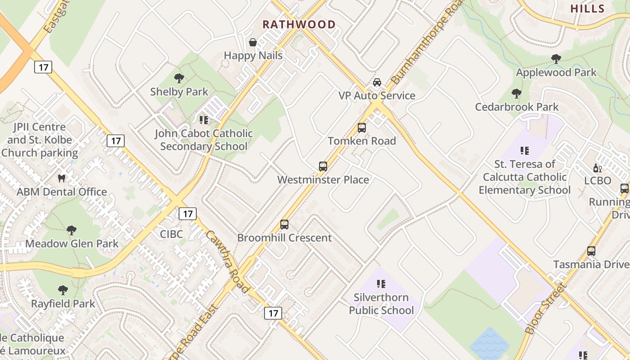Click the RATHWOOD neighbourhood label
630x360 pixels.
[x=299, y=24]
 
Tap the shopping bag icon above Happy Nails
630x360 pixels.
[x=253, y=43]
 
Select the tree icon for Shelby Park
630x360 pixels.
[x=179, y=78]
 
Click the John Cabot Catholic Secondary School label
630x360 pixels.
[x=203, y=140]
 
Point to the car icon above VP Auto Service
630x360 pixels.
[x=377, y=82]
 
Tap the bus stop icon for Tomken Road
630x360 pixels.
[x=362, y=128]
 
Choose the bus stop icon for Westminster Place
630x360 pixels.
[x=323, y=166]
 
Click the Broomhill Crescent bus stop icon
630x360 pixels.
[x=284, y=225]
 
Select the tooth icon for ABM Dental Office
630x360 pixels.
[x=62, y=178]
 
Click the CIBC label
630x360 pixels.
[x=171, y=234]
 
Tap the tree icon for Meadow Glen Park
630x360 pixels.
[x=71, y=230]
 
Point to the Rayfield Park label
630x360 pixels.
[x=63, y=303]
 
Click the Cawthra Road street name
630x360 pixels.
[x=227, y=262]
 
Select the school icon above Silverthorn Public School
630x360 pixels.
[x=381, y=284]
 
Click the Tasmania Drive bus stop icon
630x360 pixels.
[x=591, y=251]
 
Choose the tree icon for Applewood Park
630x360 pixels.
[x=556, y=59]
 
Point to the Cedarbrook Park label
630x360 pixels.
[x=517, y=107]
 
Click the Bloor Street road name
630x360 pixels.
[x=544, y=309]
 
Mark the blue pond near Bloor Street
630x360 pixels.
[x=490, y=344]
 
